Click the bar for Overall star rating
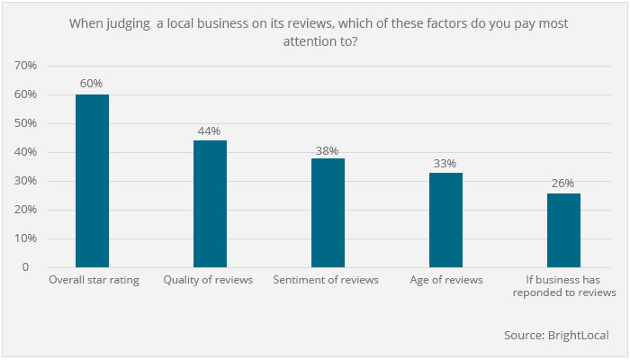pos(92,181)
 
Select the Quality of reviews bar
pos(210,204)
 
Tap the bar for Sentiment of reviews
pos(328,213)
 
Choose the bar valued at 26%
pos(563,230)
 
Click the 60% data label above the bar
pos(92,84)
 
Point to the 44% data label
pos(210,130)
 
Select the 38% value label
pos(328,148)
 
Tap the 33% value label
pos(445,163)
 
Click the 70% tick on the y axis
pos(24,66)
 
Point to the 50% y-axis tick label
pos(24,123)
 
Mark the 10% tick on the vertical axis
pos(24,238)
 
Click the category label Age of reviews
pos(445,280)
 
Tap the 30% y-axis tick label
pos(24,181)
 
